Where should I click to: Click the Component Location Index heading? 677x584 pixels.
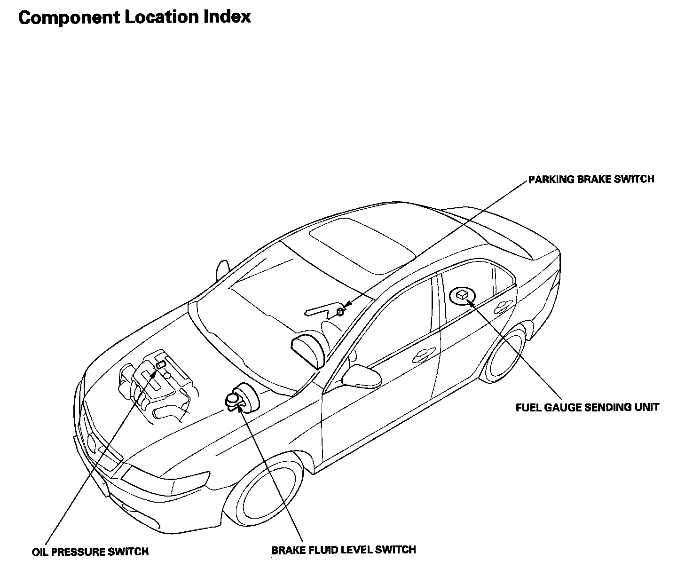[x=134, y=17]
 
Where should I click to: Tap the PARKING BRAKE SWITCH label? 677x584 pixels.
[x=591, y=179]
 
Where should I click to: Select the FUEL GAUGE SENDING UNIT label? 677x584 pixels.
[x=587, y=407]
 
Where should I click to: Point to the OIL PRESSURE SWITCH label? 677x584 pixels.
[x=90, y=552]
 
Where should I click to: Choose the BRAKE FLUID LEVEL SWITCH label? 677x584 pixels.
[x=343, y=550]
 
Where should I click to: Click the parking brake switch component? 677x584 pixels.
[x=340, y=311]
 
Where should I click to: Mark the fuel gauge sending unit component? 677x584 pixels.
[x=462, y=295]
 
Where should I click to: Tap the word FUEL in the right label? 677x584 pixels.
[x=528, y=407]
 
